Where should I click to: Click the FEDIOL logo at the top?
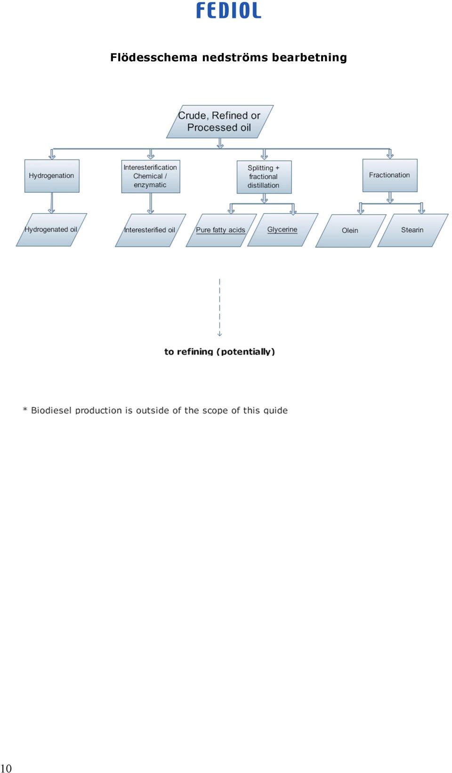(x=228, y=10)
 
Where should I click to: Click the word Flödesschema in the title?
(x=154, y=57)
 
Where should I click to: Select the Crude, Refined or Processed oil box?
(x=220, y=121)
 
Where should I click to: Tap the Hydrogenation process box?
(x=52, y=176)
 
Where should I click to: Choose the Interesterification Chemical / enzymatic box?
(x=151, y=176)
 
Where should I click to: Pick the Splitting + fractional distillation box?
(x=264, y=177)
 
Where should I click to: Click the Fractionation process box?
(x=390, y=175)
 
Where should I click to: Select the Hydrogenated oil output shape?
(x=51, y=229)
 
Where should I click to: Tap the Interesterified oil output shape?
(x=150, y=230)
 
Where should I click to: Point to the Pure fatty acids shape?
(x=221, y=230)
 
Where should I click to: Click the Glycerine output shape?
(x=282, y=229)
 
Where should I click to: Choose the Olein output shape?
(x=351, y=230)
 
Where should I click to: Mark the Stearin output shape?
(x=412, y=230)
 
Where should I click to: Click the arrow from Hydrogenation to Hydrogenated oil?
(x=52, y=203)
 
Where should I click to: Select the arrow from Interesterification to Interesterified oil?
(x=151, y=204)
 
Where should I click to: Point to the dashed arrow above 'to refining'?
(x=219, y=307)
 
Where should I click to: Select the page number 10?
(x=6, y=768)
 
